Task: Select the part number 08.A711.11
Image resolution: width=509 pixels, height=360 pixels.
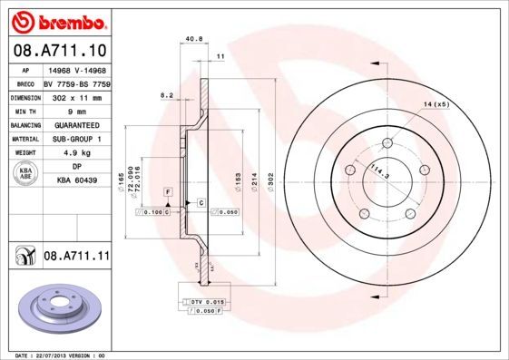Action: coord(76,257)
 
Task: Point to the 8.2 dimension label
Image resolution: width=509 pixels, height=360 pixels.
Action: coord(166,95)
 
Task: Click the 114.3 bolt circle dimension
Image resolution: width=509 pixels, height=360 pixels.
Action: coord(378,169)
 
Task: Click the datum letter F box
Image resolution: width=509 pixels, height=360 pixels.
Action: coord(169,192)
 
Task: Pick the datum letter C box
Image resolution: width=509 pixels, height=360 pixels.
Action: coord(201,203)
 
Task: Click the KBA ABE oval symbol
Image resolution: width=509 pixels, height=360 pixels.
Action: coord(26,174)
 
